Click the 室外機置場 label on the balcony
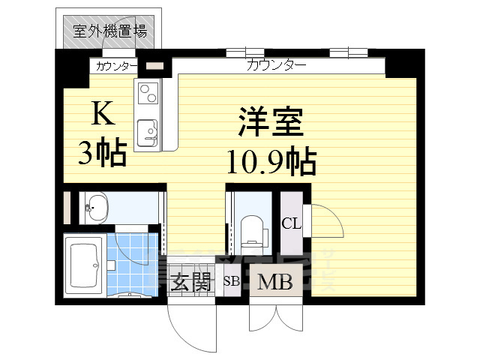coord(109,31)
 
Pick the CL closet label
coord(291,223)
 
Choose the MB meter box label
coord(275,283)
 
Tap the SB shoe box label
coord(232,283)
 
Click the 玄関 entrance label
coord(190,283)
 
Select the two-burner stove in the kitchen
coord(147,94)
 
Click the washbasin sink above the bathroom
coord(96,207)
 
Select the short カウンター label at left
coord(115,66)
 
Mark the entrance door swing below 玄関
coord(187,322)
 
